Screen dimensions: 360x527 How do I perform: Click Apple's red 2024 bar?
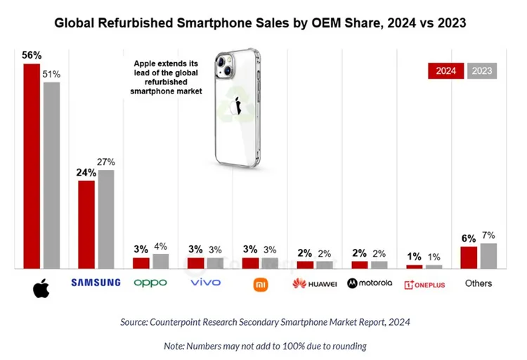(x=32, y=166)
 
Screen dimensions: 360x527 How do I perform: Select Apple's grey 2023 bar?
(x=51, y=175)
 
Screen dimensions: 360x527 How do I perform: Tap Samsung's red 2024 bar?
(x=86, y=224)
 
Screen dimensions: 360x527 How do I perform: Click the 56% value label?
(x=32, y=56)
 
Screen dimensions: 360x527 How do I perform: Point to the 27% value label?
(x=106, y=162)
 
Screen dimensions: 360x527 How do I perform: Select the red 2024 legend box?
(x=445, y=70)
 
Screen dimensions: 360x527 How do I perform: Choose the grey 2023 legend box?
(x=481, y=70)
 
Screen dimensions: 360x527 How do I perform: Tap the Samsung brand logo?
(x=96, y=283)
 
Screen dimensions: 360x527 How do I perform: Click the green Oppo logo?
(x=150, y=283)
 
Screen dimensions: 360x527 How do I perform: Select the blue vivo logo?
(x=205, y=283)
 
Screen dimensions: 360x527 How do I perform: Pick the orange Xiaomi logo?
(x=259, y=283)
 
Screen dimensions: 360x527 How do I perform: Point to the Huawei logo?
(x=314, y=283)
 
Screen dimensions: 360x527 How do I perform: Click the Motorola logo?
(x=370, y=283)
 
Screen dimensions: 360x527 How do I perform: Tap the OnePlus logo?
(x=424, y=284)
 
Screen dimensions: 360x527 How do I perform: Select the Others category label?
(x=479, y=283)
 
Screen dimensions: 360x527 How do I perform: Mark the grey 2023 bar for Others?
(x=488, y=255)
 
